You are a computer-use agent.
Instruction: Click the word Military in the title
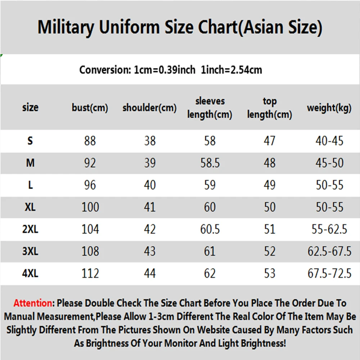[x=66, y=27]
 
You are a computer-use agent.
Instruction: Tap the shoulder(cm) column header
[x=149, y=108]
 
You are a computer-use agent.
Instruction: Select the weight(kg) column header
[x=329, y=108]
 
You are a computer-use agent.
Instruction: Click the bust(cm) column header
[x=90, y=108]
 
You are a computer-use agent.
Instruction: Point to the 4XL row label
[x=30, y=274]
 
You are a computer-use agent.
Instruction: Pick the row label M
[x=30, y=163]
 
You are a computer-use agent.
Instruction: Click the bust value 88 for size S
[x=90, y=141]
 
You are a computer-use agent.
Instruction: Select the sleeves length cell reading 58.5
[x=210, y=163]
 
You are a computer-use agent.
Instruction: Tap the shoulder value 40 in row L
[x=150, y=185]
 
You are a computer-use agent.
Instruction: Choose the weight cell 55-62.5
[x=329, y=229]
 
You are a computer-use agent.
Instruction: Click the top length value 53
[x=270, y=274]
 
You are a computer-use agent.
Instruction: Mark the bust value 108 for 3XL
[x=90, y=251]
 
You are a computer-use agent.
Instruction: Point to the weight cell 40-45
[x=329, y=141]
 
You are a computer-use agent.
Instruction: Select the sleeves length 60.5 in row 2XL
[x=210, y=229]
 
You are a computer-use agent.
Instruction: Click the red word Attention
[x=33, y=303]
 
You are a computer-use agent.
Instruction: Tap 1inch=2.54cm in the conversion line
[x=231, y=70]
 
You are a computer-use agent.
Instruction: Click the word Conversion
[x=105, y=70]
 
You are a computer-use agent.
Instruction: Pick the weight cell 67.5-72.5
[x=329, y=274]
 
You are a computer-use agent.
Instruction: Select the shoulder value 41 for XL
[x=150, y=207]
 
